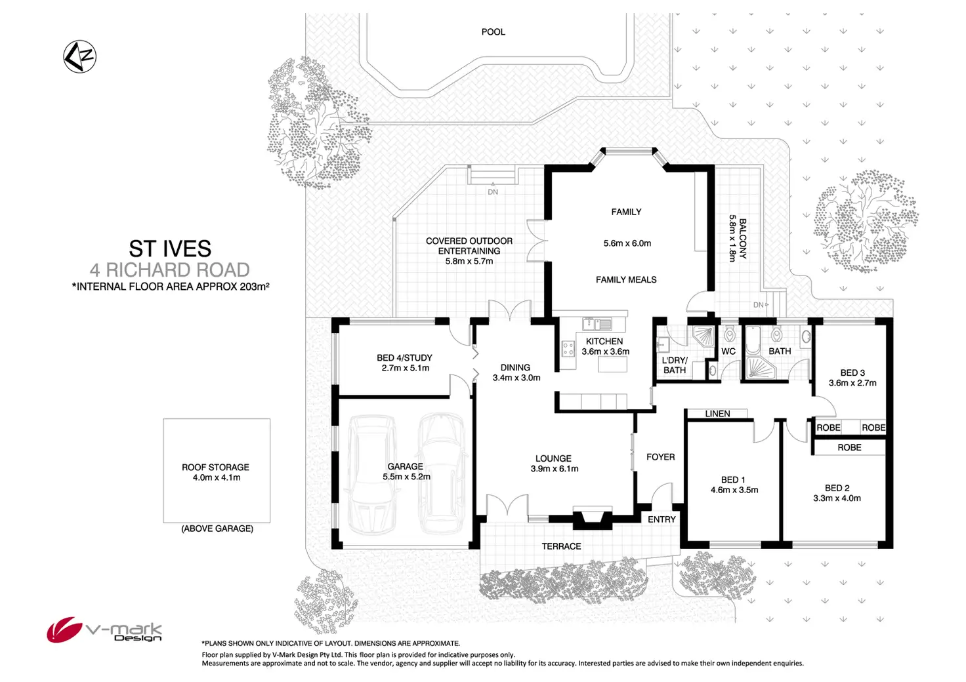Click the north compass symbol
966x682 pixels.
[80, 56]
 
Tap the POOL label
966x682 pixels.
[493, 31]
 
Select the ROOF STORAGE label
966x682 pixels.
[215, 467]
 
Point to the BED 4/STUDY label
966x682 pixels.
[404, 357]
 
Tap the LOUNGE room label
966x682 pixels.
[553, 458]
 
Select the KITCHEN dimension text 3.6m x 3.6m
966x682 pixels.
[605, 351]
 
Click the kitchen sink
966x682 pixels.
[597, 323]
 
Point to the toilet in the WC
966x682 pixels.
[730, 334]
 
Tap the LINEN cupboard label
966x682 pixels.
[717, 414]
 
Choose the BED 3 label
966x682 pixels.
[852, 372]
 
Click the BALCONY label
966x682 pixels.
[743, 239]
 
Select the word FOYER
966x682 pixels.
[660, 457]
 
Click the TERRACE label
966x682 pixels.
[561, 546]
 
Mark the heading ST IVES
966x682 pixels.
[170, 249]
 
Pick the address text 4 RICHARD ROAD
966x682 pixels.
[170, 270]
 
